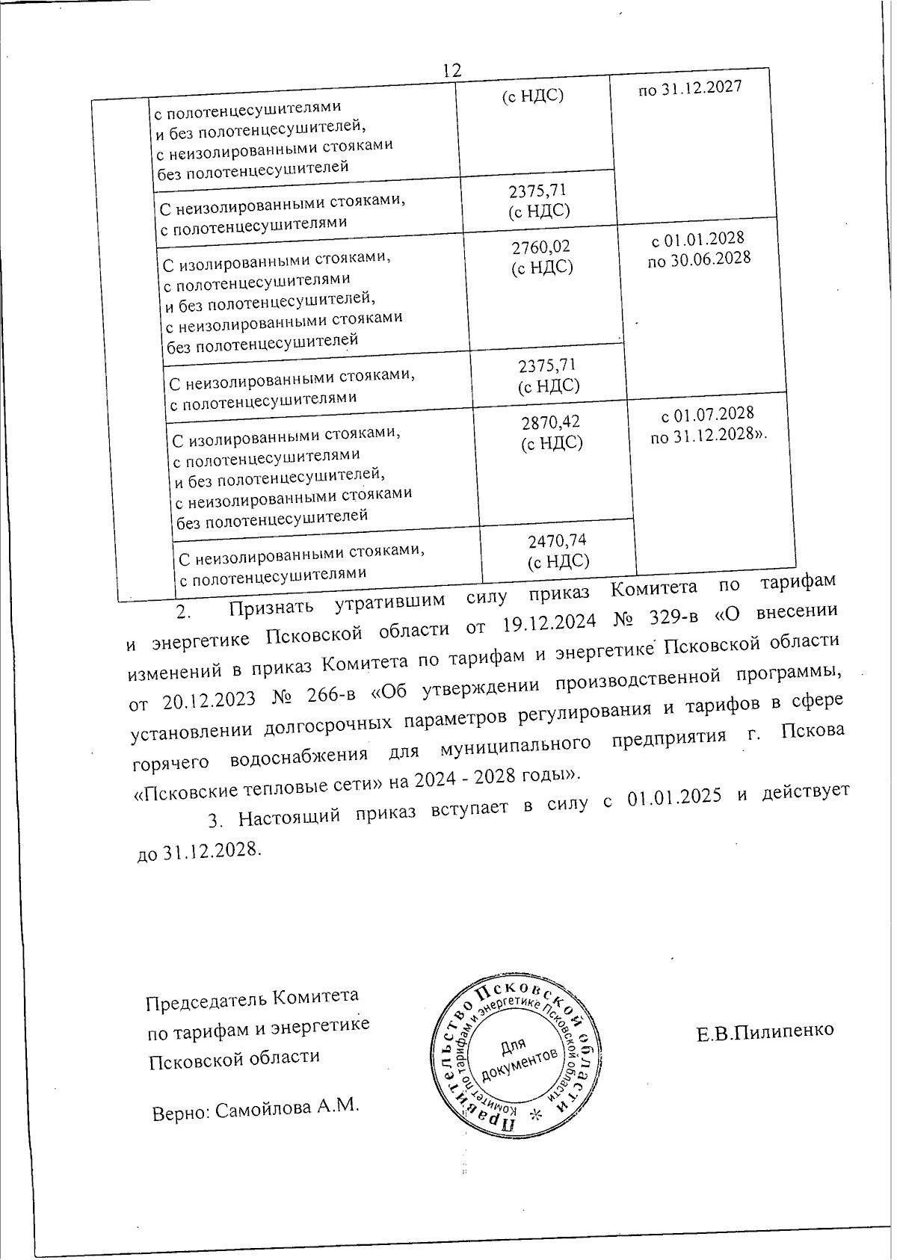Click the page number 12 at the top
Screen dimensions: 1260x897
point(451,71)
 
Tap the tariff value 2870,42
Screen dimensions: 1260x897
point(550,422)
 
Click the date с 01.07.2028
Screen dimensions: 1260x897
point(707,414)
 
